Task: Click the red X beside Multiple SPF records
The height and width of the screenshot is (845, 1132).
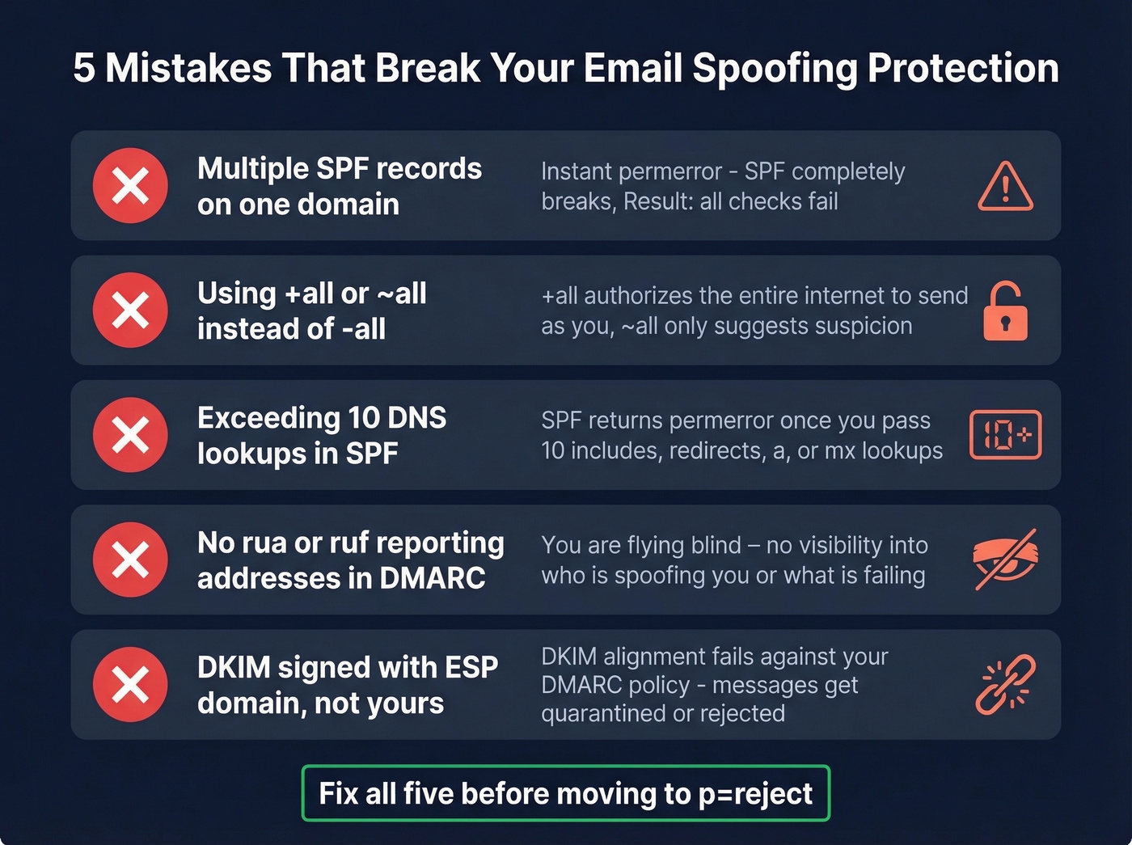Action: [130, 186]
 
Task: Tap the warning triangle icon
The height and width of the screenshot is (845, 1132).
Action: [1005, 187]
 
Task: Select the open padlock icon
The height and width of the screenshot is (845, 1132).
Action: [1005, 311]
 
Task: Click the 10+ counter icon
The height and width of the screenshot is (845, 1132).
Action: [1005, 435]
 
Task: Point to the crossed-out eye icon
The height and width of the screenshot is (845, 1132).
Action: [1005, 560]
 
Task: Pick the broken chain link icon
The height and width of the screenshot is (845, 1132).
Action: [1005, 684]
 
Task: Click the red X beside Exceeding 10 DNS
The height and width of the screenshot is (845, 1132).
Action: [130, 435]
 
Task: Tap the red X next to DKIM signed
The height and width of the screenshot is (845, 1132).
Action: [130, 684]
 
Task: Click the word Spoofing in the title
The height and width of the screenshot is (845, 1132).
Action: [775, 69]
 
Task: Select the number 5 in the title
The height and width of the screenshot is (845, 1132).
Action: [83, 68]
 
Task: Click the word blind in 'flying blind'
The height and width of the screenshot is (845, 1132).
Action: [712, 545]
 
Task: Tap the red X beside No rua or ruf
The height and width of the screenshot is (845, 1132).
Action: [130, 560]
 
